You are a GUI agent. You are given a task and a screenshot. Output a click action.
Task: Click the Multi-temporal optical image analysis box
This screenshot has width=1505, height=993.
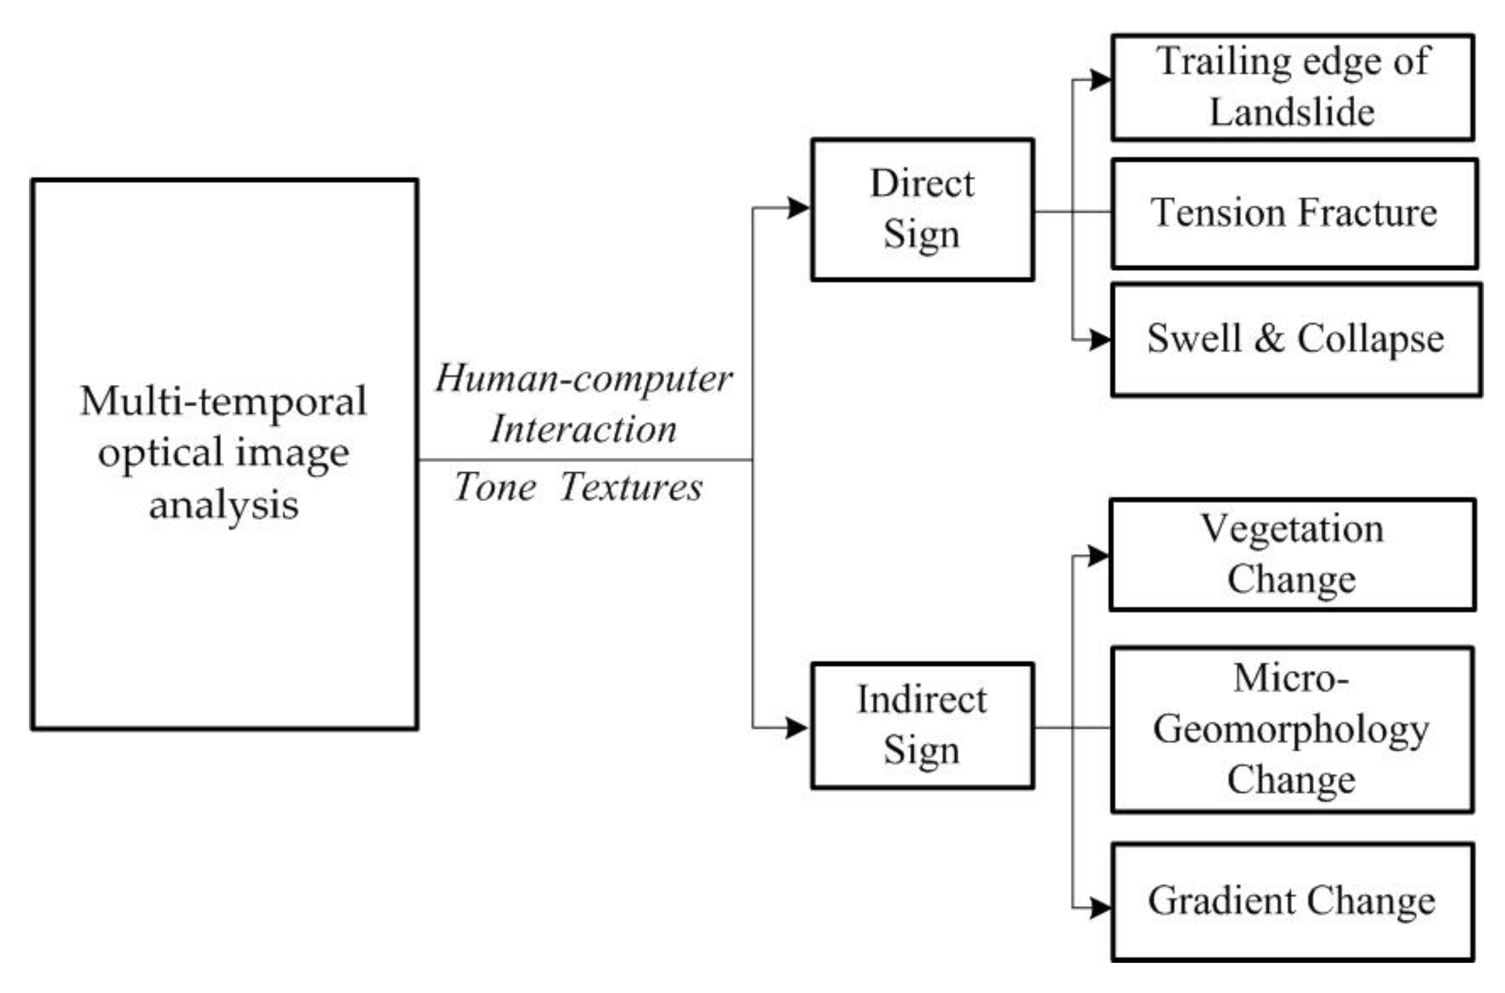(224, 455)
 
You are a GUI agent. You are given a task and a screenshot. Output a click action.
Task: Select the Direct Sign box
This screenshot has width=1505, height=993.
(922, 209)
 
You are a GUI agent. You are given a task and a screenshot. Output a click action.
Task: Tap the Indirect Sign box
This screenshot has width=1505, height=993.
(922, 726)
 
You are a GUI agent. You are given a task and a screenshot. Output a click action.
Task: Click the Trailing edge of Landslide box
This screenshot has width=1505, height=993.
(1293, 87)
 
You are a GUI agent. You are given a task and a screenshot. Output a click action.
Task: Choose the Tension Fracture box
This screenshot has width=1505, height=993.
(1294, 213)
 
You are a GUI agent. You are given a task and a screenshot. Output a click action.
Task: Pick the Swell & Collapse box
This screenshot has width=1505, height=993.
(1296, 340)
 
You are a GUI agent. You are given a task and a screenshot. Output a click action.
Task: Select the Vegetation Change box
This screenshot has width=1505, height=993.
(1293, 555)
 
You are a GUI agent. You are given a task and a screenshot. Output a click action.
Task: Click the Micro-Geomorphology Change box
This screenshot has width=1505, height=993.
(1293, 729)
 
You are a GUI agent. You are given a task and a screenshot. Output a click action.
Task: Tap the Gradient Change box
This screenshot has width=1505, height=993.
(1293, 902)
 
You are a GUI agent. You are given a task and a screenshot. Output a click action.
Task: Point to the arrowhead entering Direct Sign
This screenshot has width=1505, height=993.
(799, 208)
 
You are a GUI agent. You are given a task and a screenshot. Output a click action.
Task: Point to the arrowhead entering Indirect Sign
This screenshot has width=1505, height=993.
(797, 728)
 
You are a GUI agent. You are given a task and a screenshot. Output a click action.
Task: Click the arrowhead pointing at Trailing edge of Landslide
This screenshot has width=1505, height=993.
(1100, 80)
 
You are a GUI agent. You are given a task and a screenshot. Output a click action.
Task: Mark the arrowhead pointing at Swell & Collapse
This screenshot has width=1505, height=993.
(1100, 340)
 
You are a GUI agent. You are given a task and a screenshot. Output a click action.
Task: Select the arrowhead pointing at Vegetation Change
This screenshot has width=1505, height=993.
(1099, 556)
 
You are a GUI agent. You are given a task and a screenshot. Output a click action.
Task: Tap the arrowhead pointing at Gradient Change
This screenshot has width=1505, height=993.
(1100, 907)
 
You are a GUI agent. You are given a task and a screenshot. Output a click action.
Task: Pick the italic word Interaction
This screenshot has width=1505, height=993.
(583, 430)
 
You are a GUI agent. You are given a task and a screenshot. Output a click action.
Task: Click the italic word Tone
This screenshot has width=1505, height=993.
(494, 488)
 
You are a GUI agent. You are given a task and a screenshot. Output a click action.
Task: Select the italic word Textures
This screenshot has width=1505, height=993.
(631, 488)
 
